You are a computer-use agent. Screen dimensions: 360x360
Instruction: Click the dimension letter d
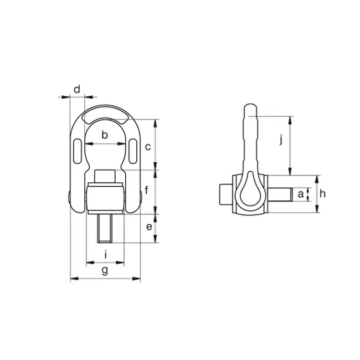click(x=77, y=89)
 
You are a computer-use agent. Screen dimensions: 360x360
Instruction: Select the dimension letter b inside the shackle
click(x=105, y=135)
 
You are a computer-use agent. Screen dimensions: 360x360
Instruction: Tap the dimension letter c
click(x=148, y=147)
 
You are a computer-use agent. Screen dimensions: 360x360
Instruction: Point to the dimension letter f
click(x=147, y=192)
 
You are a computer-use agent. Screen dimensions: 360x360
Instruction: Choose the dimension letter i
click(x=105, y=255)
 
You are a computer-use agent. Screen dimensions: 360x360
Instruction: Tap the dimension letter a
click(x=301, y=194)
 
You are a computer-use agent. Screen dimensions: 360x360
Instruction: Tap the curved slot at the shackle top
click(x=105, y=115)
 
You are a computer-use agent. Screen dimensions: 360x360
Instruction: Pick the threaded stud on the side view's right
click(x=281, y=195)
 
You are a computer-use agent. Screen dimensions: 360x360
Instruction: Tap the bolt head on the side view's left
click(x=224, y=195)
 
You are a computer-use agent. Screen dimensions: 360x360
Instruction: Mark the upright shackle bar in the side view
click(x=250, y=136)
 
